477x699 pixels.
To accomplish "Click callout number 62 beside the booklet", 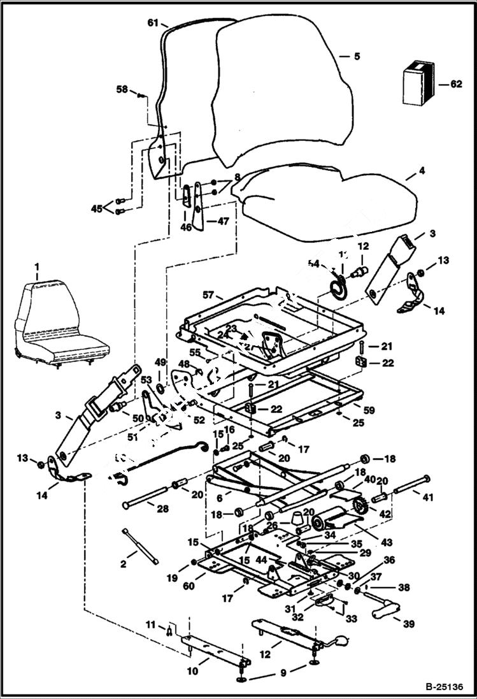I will [x=454, y=83].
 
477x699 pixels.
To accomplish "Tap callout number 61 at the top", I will [x=153, y=22].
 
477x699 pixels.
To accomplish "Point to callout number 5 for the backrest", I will [x=356, y=56].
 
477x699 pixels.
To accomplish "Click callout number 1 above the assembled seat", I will [x=37, y=266].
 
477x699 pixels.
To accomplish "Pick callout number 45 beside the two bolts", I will [x=96, y=208].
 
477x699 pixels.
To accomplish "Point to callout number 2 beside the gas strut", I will [x=124, y=565].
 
